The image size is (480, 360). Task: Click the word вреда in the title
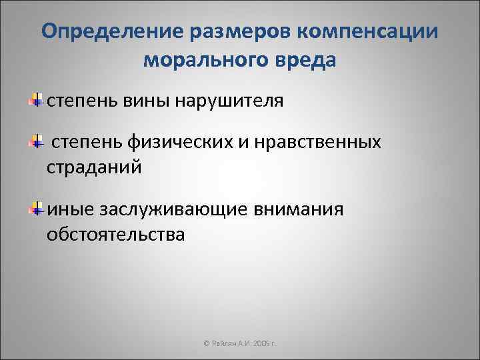(303, 61)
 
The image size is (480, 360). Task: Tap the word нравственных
(325, 143)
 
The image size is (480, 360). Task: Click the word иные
(71, 211)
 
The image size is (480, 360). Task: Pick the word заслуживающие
(174, 211)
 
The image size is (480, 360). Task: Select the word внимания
(299, 211)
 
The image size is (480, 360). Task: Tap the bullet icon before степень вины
(38, 100)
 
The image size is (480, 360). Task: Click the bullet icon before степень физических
(38, 142)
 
